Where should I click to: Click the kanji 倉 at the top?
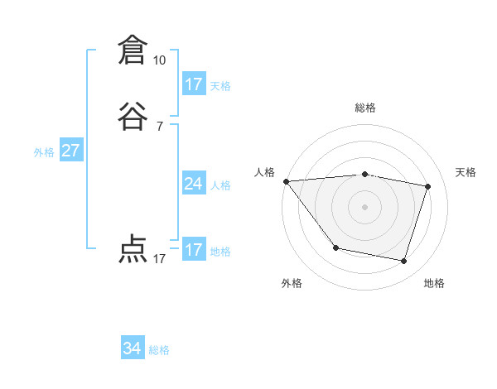tap(131, 50)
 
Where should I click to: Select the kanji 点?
tap(131, 249)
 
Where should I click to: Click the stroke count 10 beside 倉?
tap(159, 60)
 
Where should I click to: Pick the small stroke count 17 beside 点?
tap(159, 259)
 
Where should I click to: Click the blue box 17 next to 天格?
tap(194, 84)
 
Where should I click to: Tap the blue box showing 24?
tap(194, 184)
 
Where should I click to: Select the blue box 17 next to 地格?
tap(194, 250)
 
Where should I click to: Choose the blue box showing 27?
tap(71, 151)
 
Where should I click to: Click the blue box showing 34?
tap(133, 349)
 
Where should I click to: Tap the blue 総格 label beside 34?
tap(159, 350)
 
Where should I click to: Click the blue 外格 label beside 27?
tap(44, 152)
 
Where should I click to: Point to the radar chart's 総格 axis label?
tap(365, 108)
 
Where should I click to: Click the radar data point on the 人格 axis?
tap(286, 181)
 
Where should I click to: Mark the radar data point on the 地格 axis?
tap(404, 262)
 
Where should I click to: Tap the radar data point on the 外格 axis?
tap(335, 247)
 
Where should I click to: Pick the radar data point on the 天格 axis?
tap(428, 186)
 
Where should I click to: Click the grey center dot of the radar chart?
tap(365, 207)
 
